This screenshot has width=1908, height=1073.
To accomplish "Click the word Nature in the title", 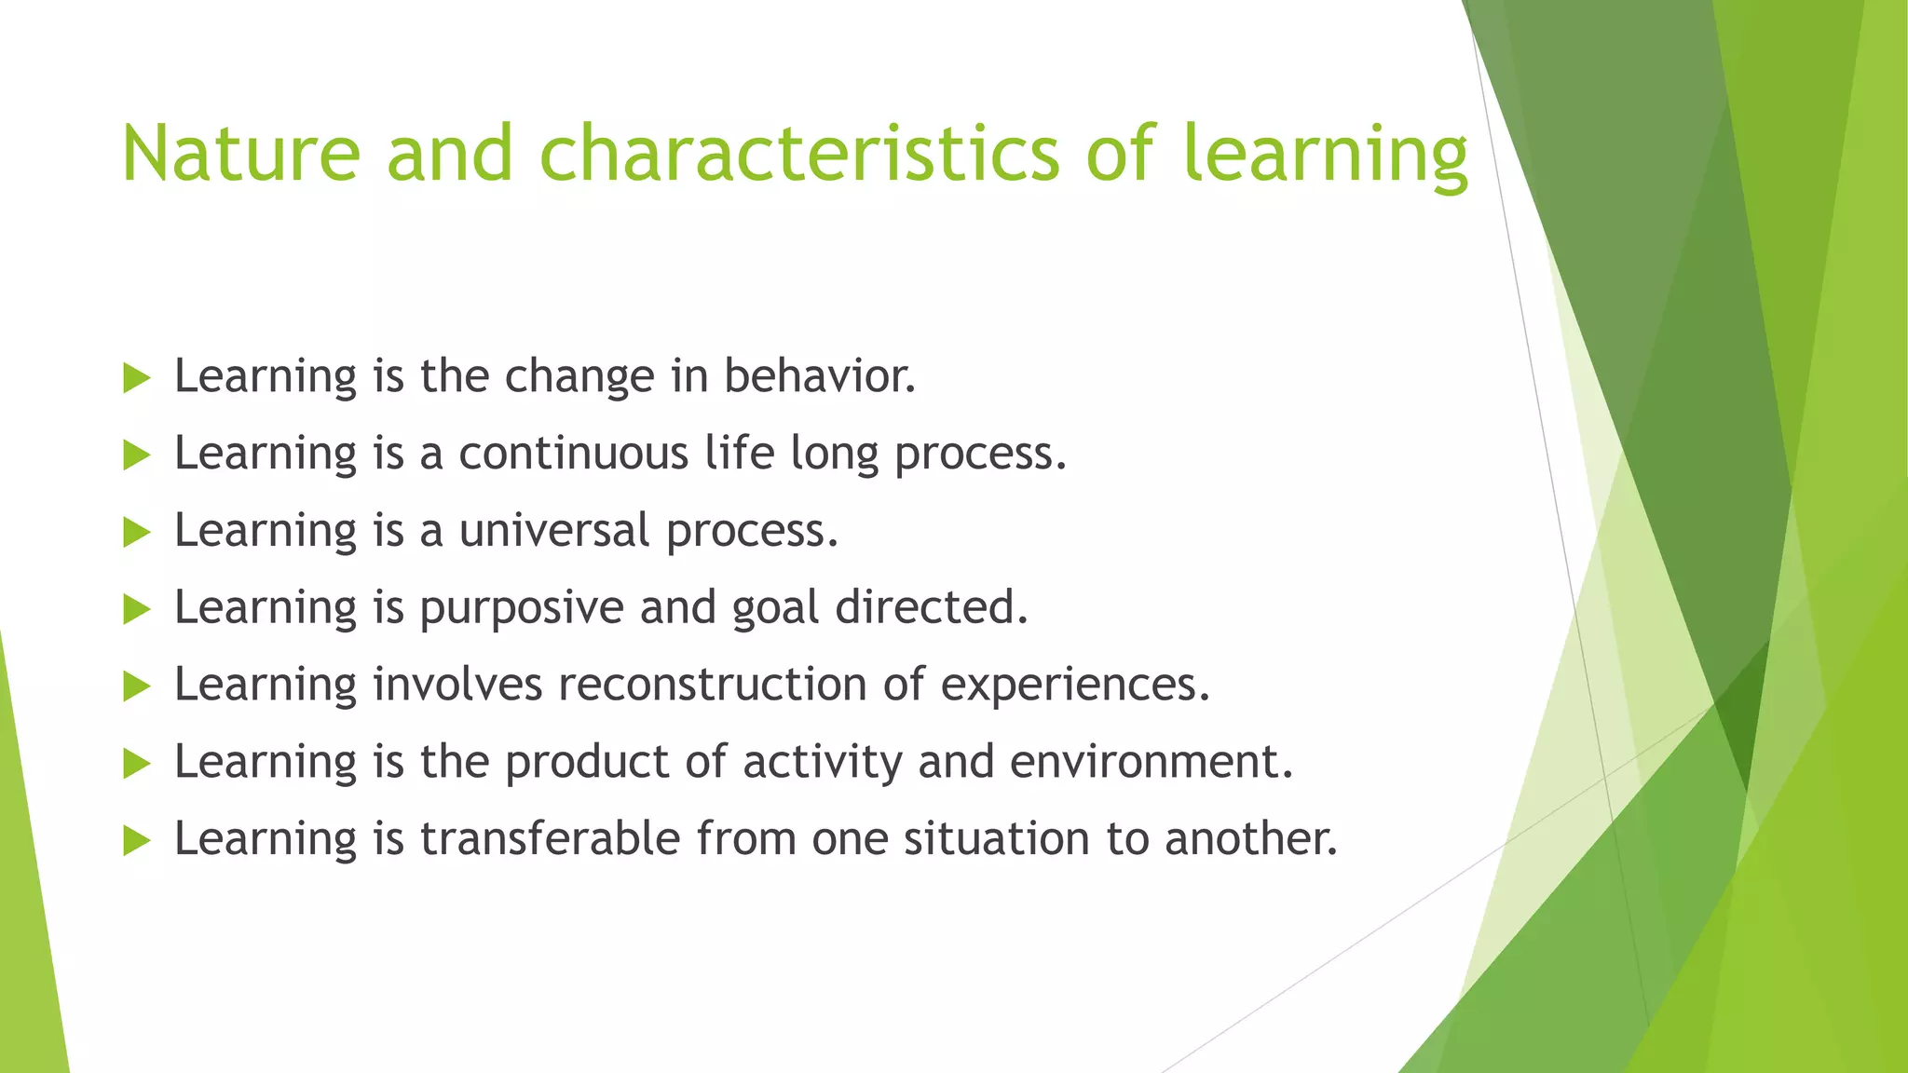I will (240, 154).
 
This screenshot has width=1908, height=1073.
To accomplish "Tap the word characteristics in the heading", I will (798, 154).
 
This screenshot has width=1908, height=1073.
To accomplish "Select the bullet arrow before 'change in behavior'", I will (136, 378).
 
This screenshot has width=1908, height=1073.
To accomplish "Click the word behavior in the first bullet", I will (820, 376).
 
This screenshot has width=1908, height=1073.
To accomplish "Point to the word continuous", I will (573, 454).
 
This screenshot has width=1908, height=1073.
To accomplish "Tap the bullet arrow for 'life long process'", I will (136, 455).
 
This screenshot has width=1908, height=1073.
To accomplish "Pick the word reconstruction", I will (713, 685).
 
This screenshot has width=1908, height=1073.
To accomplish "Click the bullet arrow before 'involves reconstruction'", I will (136, 687).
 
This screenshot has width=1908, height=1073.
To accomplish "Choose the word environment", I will (1151, 762).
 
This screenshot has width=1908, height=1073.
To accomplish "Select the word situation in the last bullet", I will (996, 838).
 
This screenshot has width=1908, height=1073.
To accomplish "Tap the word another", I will (1250, 838).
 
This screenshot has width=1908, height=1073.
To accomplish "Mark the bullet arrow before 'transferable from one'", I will (136, 841).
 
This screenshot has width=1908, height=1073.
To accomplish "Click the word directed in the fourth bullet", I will (931, 608).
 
